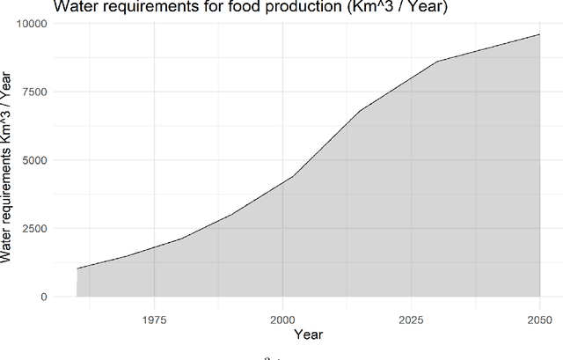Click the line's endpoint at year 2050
click(539, 34)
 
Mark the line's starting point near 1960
click(77, 268)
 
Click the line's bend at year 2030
click(436, 62)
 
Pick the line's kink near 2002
click(293, 176)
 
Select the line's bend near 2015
click(360, 111)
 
